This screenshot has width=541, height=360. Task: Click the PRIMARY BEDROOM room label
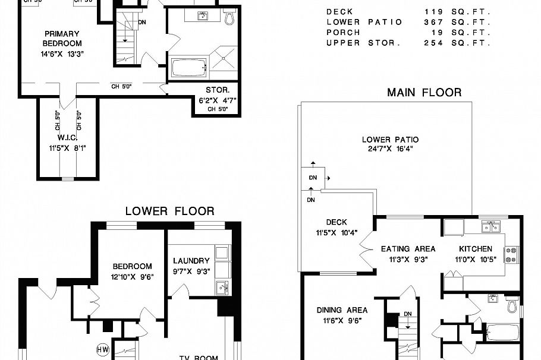coord(62,39)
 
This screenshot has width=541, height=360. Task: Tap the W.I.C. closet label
coord(69,138)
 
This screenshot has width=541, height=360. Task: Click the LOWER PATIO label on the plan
coord(387,140)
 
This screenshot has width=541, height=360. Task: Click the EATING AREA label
coord(408,249)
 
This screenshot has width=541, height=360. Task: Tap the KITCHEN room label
coord(475,249)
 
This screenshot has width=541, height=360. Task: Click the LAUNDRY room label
coord(191,261)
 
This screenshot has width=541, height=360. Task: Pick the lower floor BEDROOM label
coord(132,267)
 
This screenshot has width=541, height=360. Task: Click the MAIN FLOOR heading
coord(424,92)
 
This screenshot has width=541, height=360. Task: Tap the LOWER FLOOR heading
coord(169,211)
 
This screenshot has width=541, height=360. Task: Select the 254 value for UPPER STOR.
coord(434,43)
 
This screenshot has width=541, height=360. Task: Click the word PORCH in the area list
coord(342,33)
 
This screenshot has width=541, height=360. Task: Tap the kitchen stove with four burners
coord(511,255)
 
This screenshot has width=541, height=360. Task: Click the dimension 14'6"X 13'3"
coord(62,54)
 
